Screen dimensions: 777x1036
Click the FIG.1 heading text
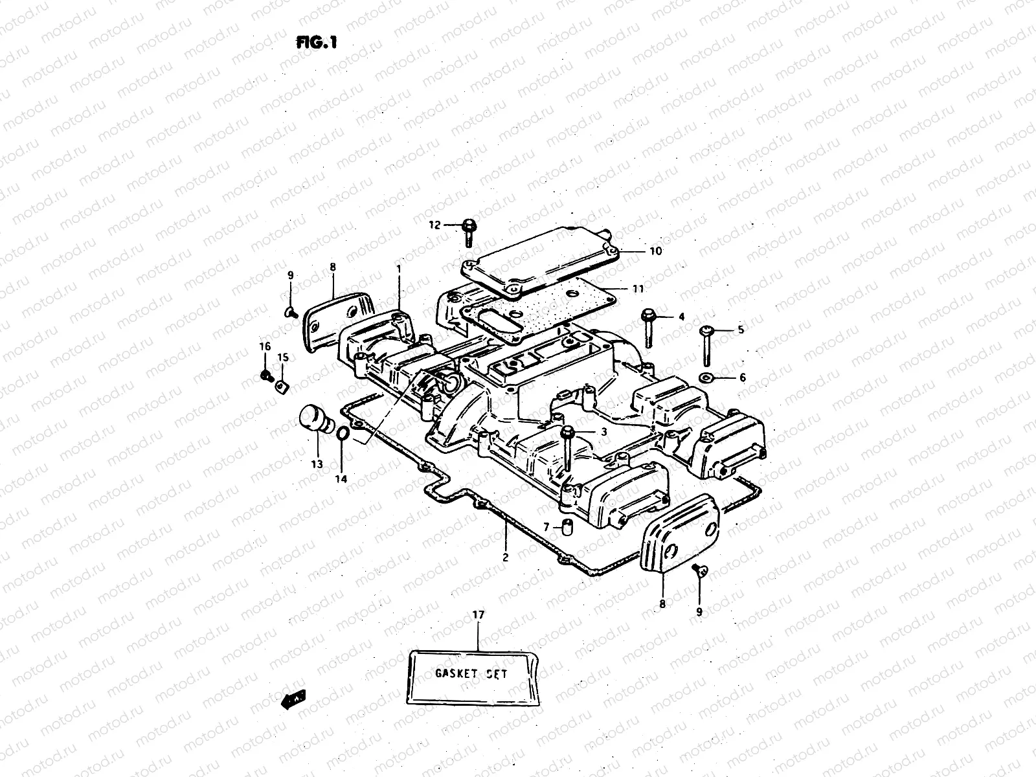pos(317,43)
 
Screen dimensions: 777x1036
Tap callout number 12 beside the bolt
pos(434,225)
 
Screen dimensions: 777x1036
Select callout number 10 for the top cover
pos(655,251)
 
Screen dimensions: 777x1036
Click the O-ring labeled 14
pos(344,433)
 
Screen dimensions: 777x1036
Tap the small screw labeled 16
pos(265,375)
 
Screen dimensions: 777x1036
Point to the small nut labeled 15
pos(282,386)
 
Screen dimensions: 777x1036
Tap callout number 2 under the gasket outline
pos(506,557)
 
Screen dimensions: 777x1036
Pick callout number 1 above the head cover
pos(399,267)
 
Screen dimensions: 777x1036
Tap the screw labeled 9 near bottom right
pos(699,570)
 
